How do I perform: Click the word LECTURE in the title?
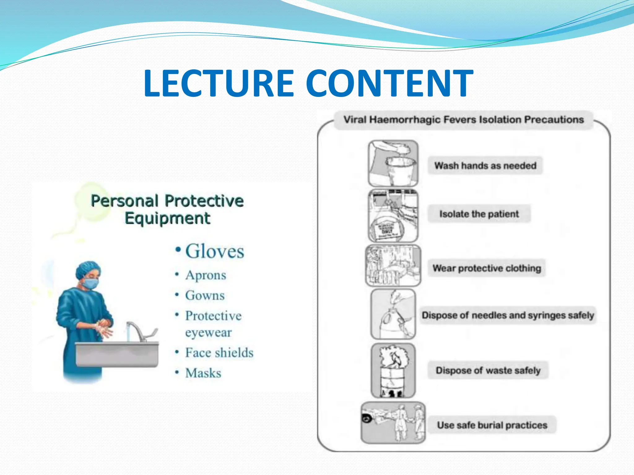(x=219, y=83)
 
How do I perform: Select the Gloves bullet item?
(x=214, y=251)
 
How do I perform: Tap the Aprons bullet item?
(x=206, y=275)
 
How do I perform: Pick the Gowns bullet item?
(x=205, y=295)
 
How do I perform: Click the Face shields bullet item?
(x=219, y=353)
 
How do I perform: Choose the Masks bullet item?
(x=203, y=373)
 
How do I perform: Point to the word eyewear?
(x=208, y=332)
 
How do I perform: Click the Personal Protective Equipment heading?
(x=167, y=209)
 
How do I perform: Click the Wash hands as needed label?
(x=485, y=166)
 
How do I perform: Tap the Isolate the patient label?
(x=479, y=214)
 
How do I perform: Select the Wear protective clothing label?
(x=487, y=268)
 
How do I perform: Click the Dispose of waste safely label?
(x=488, y=370)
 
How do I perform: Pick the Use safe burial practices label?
(x=492, y=425)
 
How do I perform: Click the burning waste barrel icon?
(x=393, y=370)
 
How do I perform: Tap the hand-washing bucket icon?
(x=393, y=163)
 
